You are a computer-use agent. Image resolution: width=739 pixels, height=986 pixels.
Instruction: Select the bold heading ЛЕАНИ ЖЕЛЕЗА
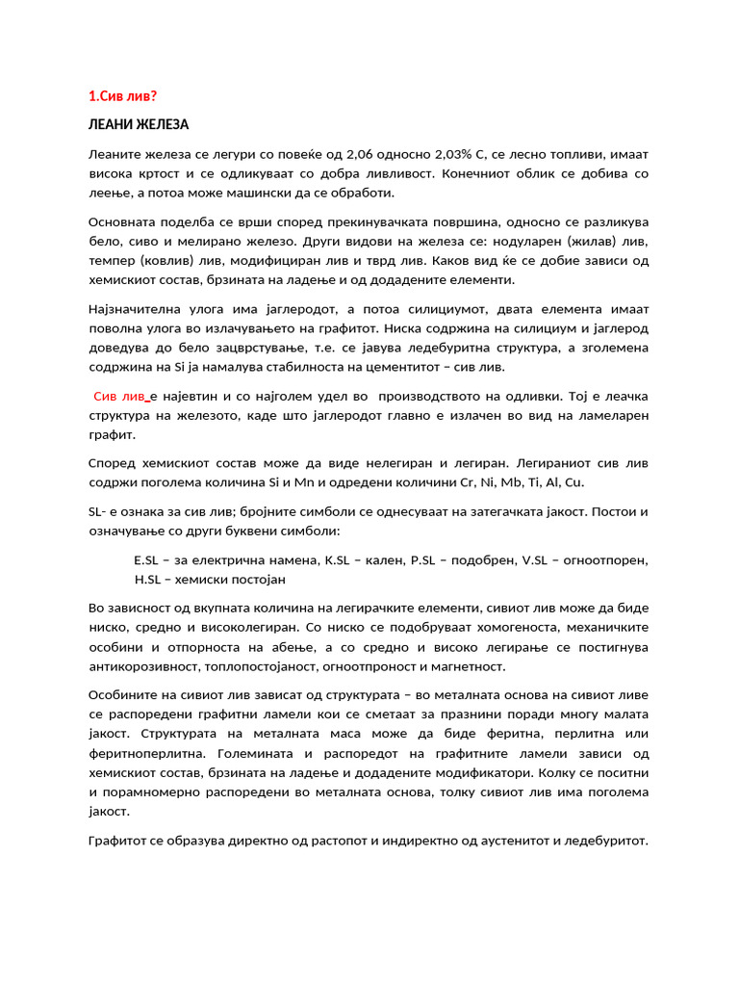pyautogui.click(x=139, y=125)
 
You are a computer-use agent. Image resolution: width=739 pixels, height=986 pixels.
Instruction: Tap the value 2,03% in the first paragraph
pyautogui.click(x=461, y=154)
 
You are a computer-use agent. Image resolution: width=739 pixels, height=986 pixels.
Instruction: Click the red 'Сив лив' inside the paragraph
pyautogui.click(x=119, y=396)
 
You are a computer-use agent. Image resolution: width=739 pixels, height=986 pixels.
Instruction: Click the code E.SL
pyautogui.click(x=147, y=559)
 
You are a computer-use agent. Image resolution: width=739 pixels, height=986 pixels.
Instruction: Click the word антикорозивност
pyautogui.click(x=146, y=665)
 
